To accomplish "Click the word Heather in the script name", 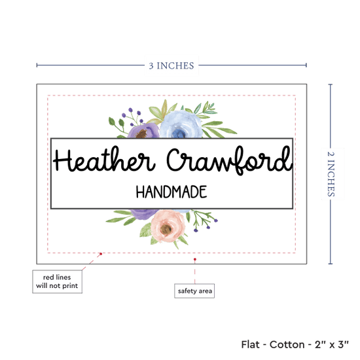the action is (104, 159).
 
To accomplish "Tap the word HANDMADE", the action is (171, 192).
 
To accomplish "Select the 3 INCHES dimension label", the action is (171, 65).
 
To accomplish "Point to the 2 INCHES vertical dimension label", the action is (331, 174).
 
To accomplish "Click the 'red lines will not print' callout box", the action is (57, 281).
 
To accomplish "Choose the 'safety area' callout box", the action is (194, 291).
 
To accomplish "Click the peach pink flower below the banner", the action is (168, 226).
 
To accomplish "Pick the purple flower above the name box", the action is (143, 131).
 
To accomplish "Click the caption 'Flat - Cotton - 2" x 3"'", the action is (295, 344).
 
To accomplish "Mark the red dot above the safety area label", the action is (195, 259).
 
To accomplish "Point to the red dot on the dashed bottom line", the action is (101, 254).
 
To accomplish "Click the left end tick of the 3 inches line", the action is (37, 65).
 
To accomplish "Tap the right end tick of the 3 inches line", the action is (306, 65).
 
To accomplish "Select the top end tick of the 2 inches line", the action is (331, 84).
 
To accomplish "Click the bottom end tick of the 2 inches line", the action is (331, 264).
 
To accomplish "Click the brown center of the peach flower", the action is (166, 229).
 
